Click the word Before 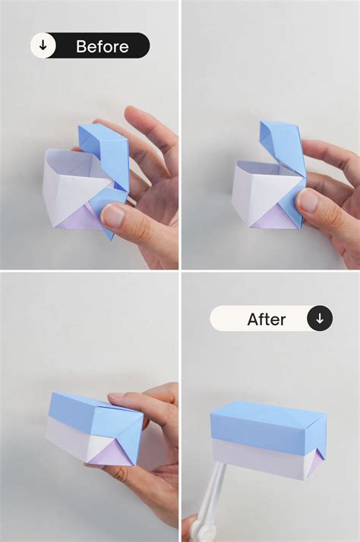pos(103,46)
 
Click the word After pos(266,320)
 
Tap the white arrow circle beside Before pos(43,46)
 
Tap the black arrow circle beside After pos(319,319)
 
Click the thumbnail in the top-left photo pos(113,216)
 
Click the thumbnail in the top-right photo pos(308,200)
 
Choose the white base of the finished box pos(262,462)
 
